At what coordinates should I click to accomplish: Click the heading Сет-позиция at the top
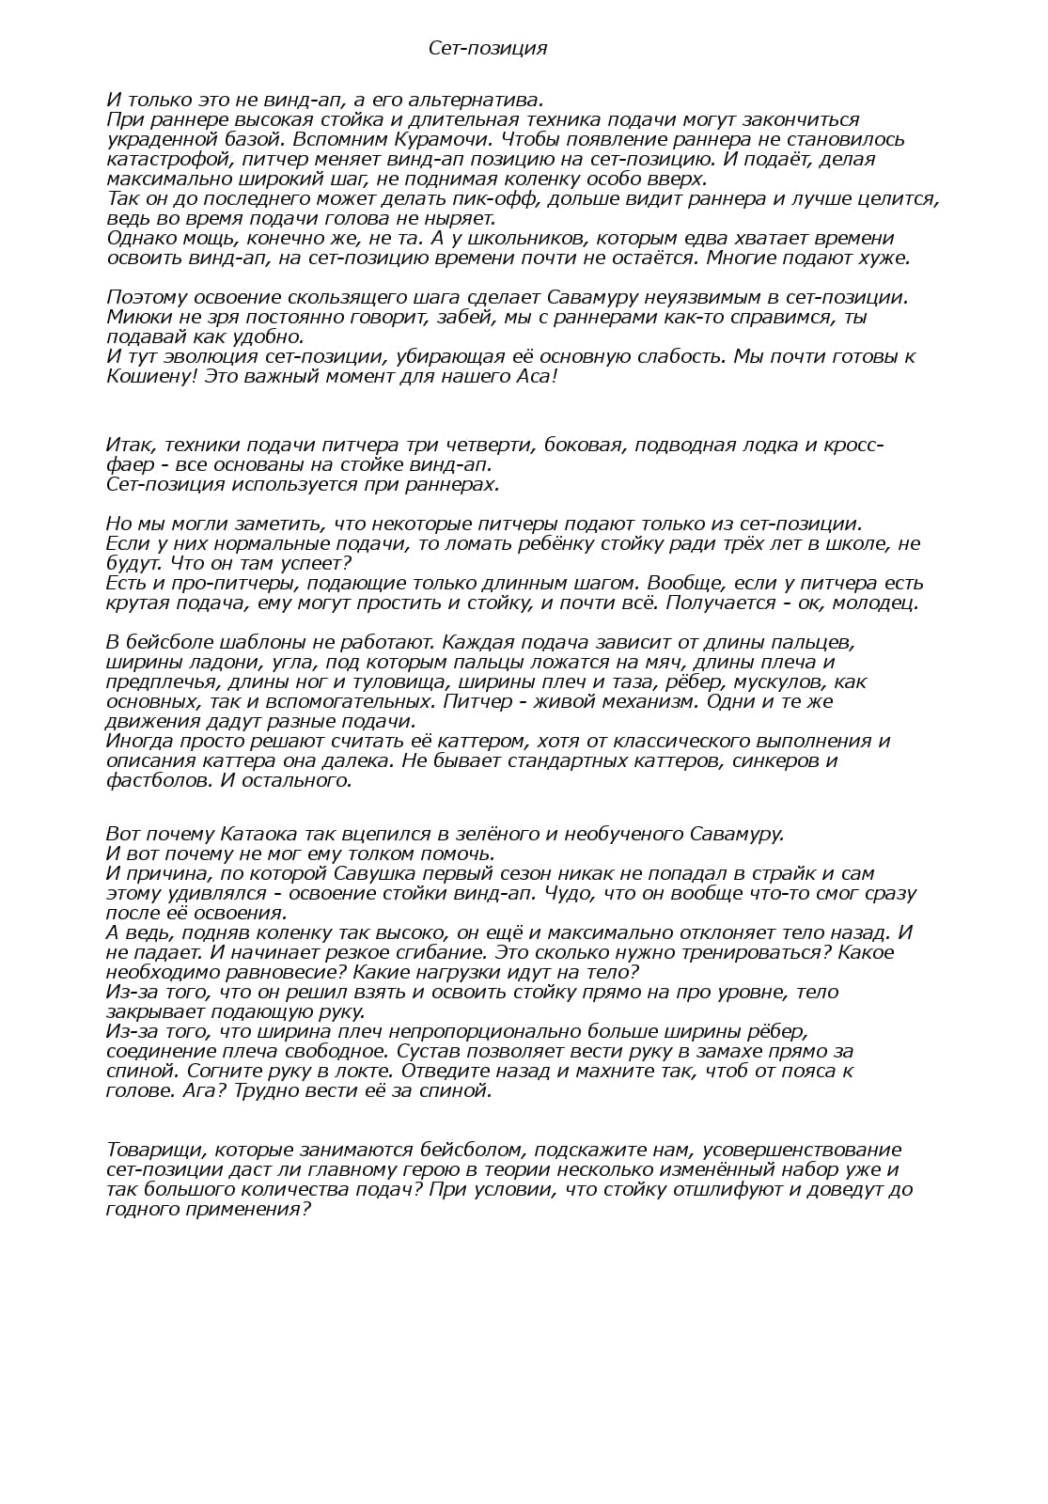(487, 48)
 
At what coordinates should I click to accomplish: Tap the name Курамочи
(413, 139)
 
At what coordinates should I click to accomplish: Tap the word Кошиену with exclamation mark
(150, 376)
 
